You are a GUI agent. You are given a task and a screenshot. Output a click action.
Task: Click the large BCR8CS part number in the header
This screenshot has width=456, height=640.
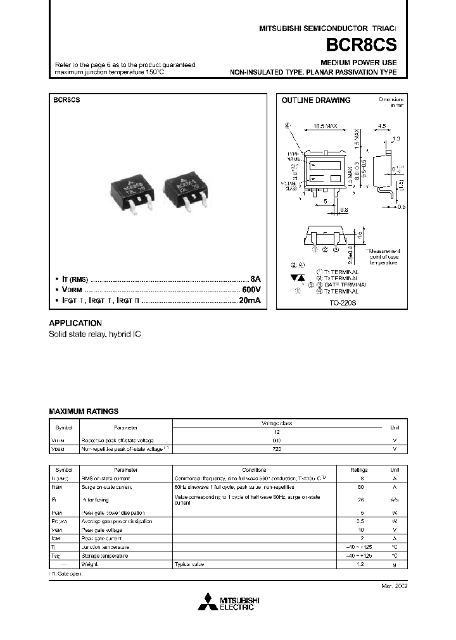[x=362, y=46]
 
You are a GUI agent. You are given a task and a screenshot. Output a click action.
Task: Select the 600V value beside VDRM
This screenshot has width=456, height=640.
[x=250, y=290]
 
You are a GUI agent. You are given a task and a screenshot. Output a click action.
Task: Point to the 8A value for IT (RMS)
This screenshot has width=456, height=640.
[x=255, y=278]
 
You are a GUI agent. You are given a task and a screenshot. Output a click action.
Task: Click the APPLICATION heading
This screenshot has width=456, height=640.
[x=75, y=323]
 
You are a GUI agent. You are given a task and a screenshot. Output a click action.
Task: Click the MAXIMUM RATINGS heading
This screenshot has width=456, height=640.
[x=84, y=411]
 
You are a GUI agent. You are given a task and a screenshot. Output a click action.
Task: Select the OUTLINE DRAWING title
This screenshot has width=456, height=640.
[x=315, y=101]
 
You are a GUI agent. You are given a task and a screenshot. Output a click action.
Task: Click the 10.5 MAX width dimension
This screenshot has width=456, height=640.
[x=325, y=126]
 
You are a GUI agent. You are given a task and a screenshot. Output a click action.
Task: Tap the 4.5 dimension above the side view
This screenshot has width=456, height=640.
[x=381, y=126]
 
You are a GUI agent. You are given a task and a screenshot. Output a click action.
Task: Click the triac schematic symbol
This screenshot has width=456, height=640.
[x=296, y=278]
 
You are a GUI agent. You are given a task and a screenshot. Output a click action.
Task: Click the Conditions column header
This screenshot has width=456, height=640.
[x=254, y=470]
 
